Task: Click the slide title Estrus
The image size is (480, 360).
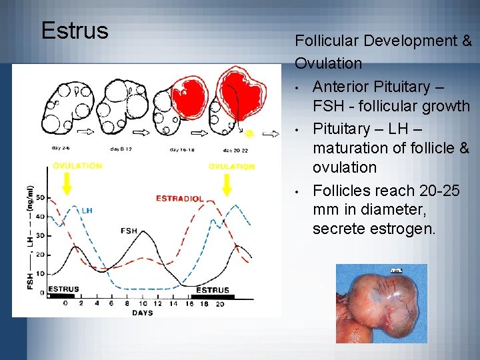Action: click(x=74, y=31)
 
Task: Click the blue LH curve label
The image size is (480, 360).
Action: click(x=87, y=211)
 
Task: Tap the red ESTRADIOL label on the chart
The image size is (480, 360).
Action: click(x=179, y=199)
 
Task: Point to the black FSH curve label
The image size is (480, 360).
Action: click(x=129, y=231)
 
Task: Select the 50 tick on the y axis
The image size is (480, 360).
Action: click(x=40, y=198)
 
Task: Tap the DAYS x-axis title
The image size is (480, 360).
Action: click(x=142, y=313)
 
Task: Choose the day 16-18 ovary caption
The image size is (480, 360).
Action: click(x=182, y=149)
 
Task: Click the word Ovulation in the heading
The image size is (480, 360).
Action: click(x=329, y=64)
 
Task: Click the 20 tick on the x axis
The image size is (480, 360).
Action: click(x=219, y=304)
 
